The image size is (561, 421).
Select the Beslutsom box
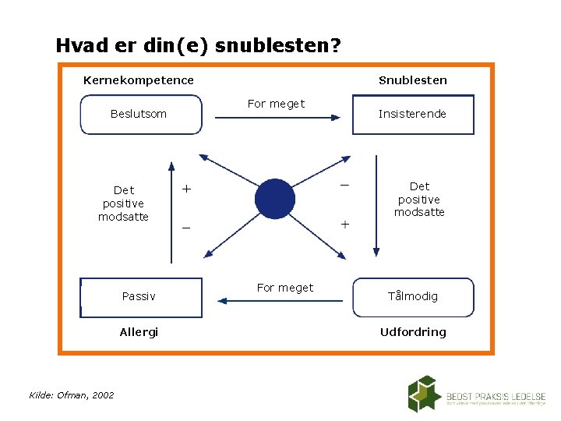pos(139,115)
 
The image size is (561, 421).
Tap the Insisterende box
pos(413,115)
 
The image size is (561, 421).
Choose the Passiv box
pos(140,297)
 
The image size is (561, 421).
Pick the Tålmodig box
pos(413,297)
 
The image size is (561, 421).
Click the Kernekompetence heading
pos(139,80)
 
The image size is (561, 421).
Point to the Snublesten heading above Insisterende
pos(413,80)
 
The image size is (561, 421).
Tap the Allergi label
pos(139,332)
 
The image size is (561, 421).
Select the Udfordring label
pos(413,332)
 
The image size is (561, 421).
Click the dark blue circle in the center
pos(277,200)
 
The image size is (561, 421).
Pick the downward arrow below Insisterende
pos(376,207)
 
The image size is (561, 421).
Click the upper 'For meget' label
pos(276,104)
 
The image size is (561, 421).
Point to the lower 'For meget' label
pos(285,288)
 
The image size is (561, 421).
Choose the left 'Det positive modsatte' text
pos(123,203)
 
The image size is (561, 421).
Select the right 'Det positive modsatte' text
pos(419,199)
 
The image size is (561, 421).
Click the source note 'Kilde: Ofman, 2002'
pos(72,395)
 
